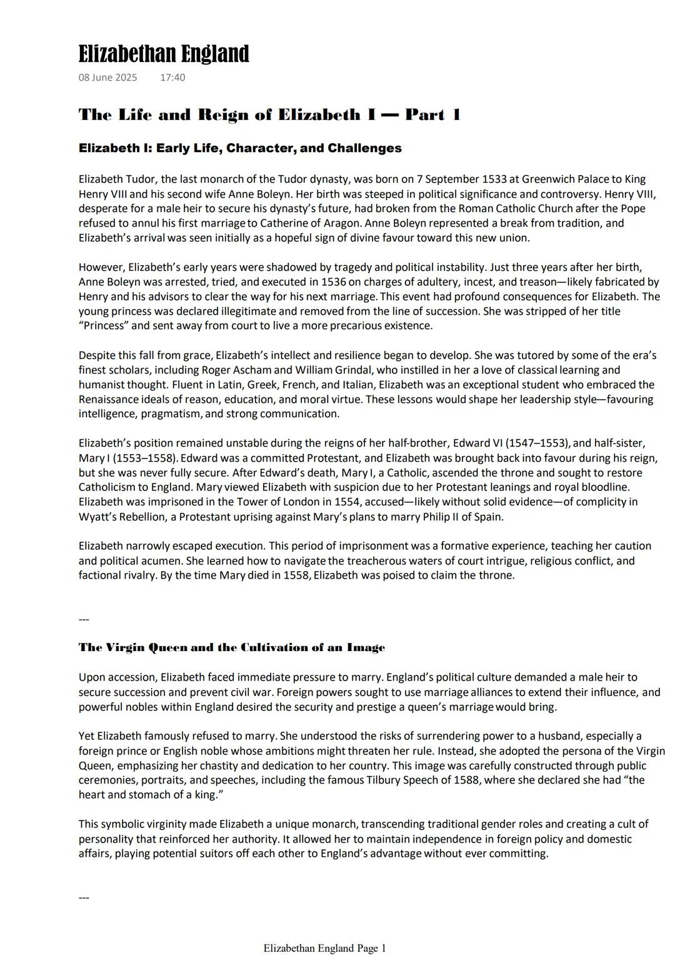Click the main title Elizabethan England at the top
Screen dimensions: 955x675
164,54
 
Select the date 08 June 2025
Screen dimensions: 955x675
107,78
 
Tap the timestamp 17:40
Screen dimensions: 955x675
172,78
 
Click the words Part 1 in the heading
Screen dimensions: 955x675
432,114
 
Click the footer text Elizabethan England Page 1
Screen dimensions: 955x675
324,948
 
